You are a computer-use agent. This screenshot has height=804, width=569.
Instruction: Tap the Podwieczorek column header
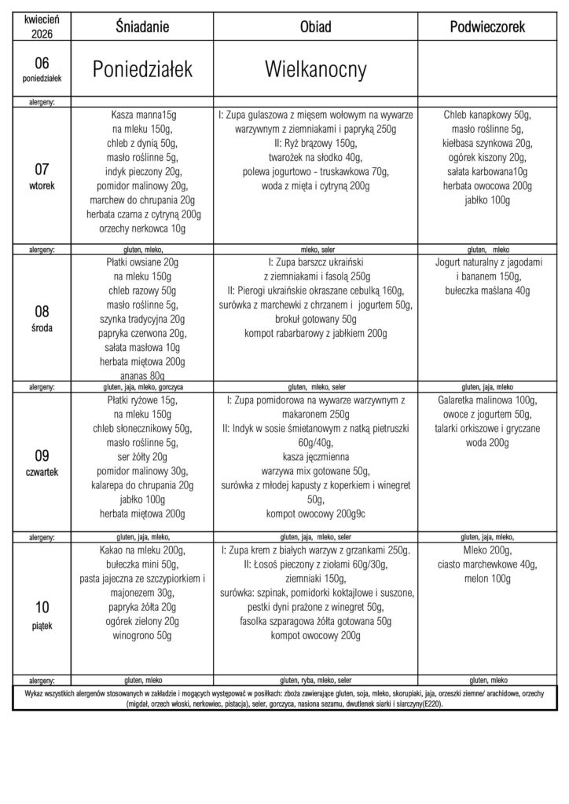[x=487, y=27]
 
